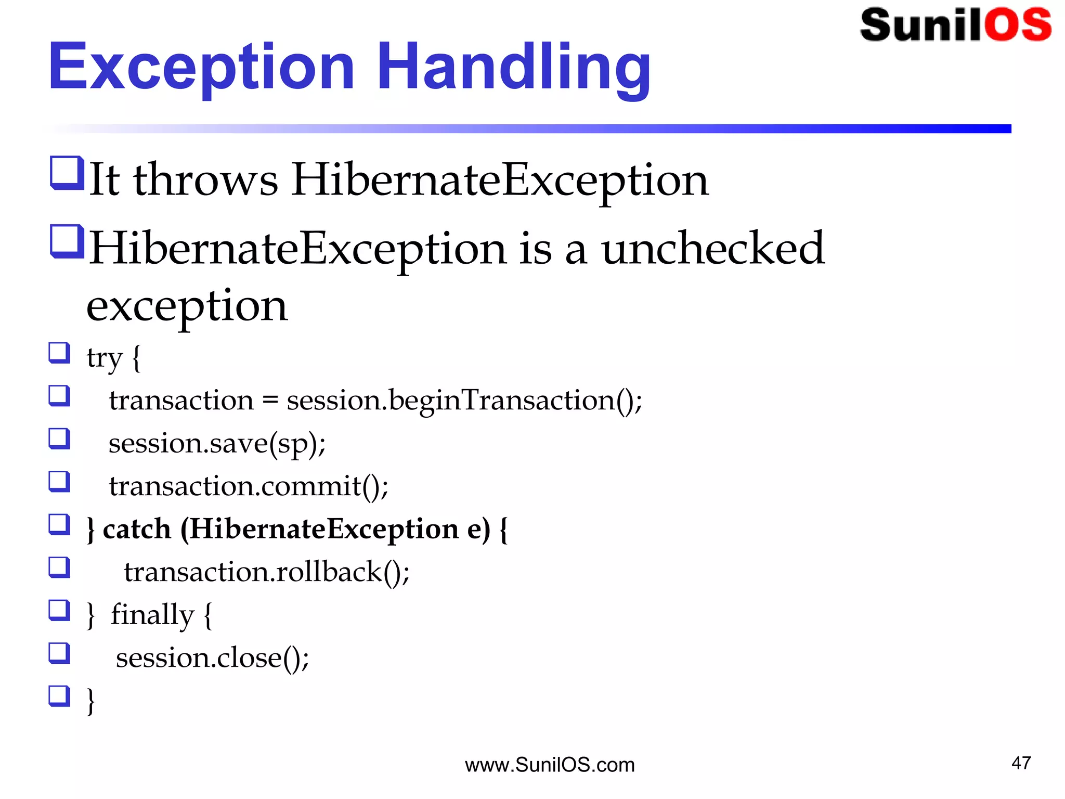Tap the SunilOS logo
tap(955, 25)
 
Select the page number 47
tap(1021, 763)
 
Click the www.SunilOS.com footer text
tap(550, 765)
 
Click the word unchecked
tap(713, 249)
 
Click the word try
tap(105, 358)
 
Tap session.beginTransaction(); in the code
tap(464, 401)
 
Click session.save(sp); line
tap(217, 444)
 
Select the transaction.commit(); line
tap(249, 486)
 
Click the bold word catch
tap(137, 530)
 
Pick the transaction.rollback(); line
tap(267, 572)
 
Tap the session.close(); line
tap(212, 658)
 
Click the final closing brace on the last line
tap(91, 701)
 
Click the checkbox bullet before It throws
tap(67, 173)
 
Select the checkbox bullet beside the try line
tap(59, 353)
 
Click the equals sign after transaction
tap(270, 401)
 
